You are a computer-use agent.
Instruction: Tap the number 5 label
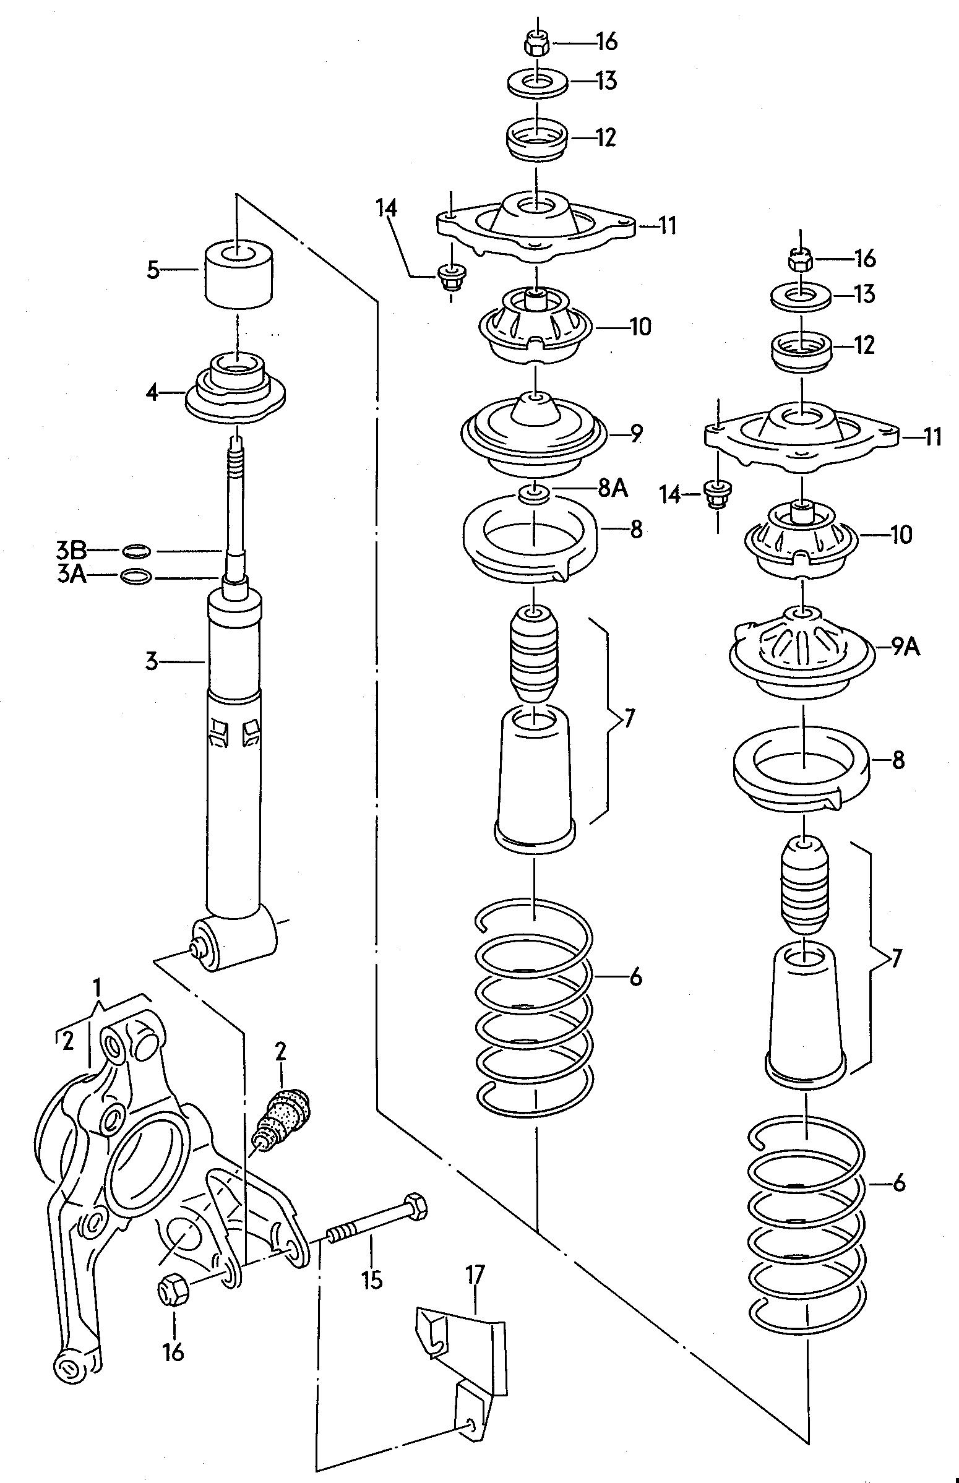[154, 271]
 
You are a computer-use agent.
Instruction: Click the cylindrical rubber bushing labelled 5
[237, 275]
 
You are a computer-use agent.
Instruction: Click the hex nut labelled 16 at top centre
[536, 43]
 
